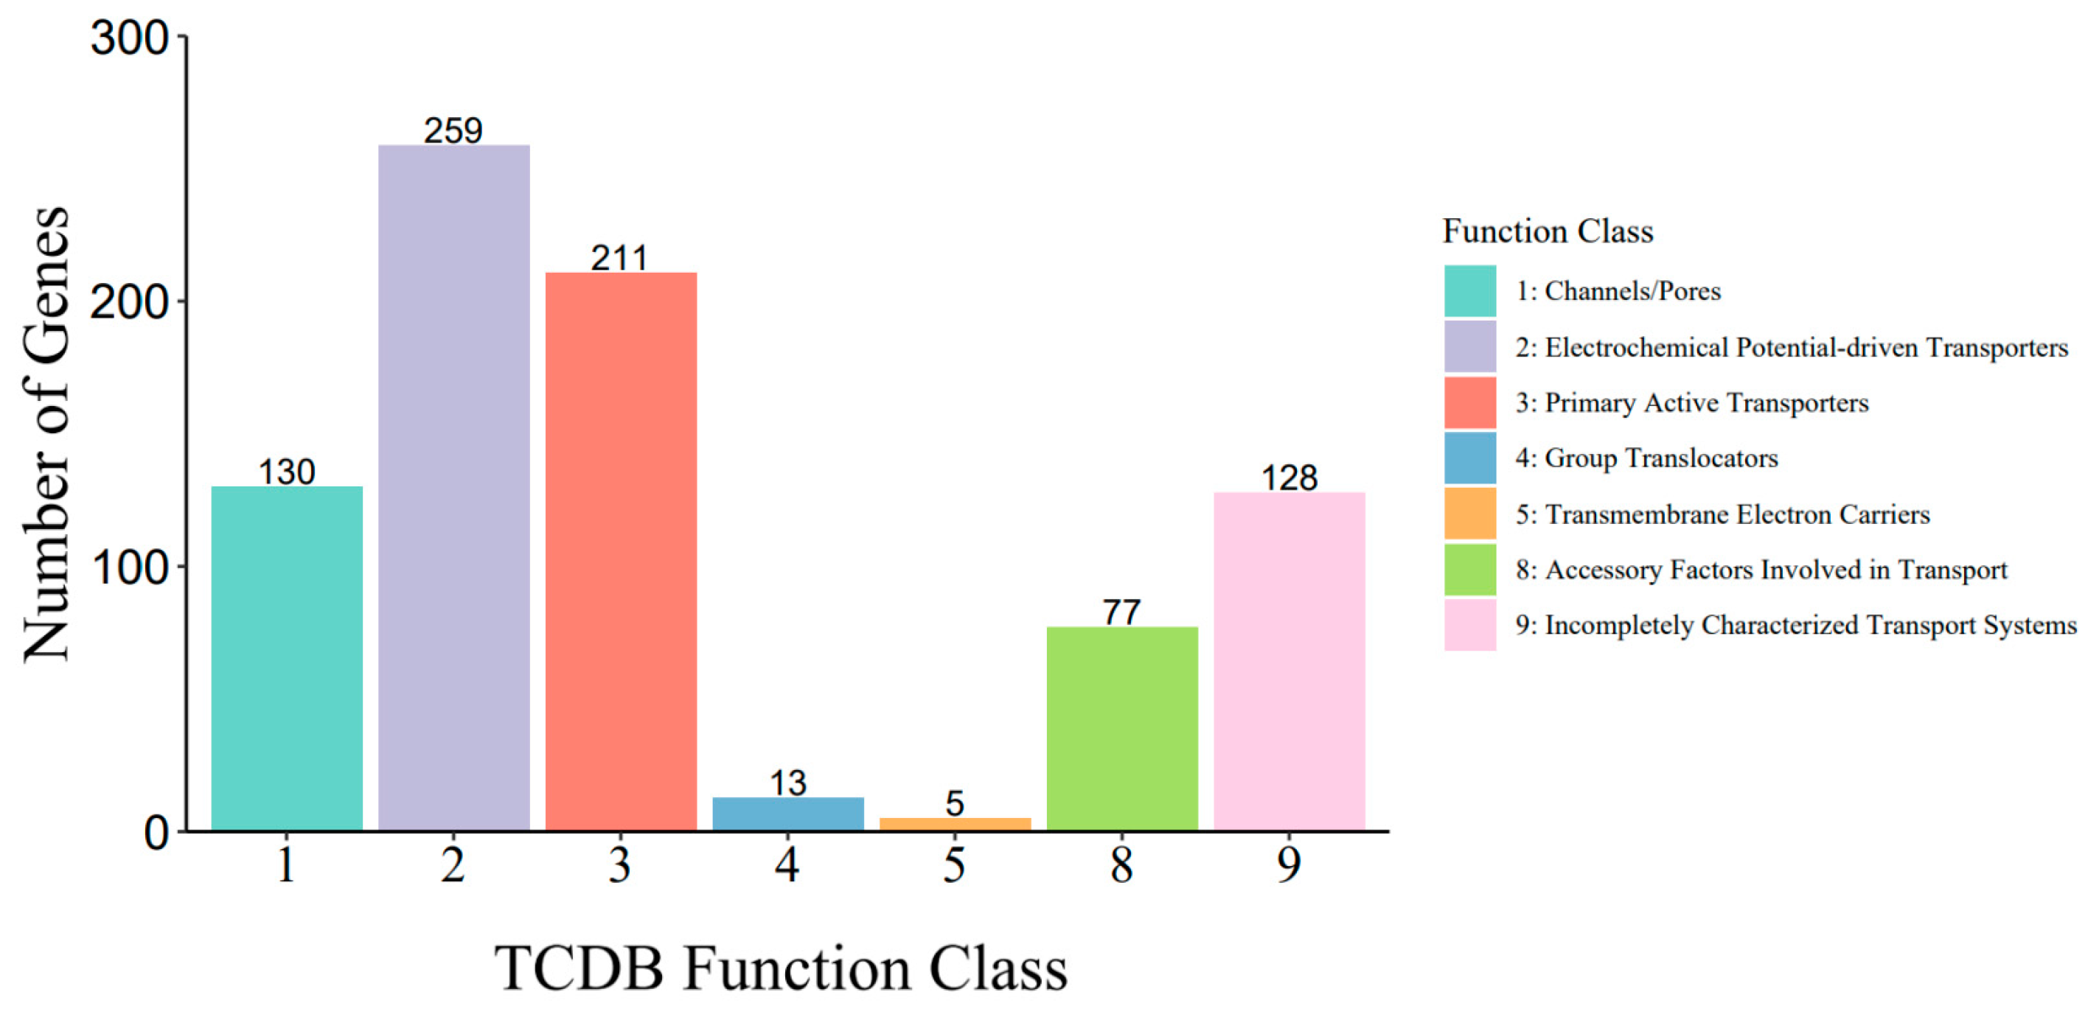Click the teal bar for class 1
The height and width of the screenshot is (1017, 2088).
(x=287, y=658)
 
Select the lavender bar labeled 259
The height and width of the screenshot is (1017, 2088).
(x=454, y=487)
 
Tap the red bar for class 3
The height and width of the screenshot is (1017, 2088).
(x=621, y=551)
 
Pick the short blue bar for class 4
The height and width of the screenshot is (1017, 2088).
(x=788, y=814)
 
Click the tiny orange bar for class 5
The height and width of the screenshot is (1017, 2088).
(x=955, y=824)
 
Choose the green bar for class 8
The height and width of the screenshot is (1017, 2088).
(x=1122, y=727)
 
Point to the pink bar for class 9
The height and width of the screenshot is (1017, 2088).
(x=1289, y=660)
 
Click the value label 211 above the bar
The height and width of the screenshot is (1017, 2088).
(x=619, y=259)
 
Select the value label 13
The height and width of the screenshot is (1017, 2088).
(x=788, y=783)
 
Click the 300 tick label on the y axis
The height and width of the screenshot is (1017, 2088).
(x=130, y=38)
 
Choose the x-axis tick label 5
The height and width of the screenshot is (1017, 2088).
(x=955, y=865)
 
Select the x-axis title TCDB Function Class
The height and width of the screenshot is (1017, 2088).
(x=782, y=968)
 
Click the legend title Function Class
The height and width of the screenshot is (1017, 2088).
(x=1548, y=231)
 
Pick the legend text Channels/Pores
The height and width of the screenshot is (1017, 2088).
(x=1632, y=291)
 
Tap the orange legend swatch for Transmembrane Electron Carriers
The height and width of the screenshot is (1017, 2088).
(x=1469, y=513)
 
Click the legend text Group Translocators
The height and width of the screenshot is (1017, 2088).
(x=1661, y=458)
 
